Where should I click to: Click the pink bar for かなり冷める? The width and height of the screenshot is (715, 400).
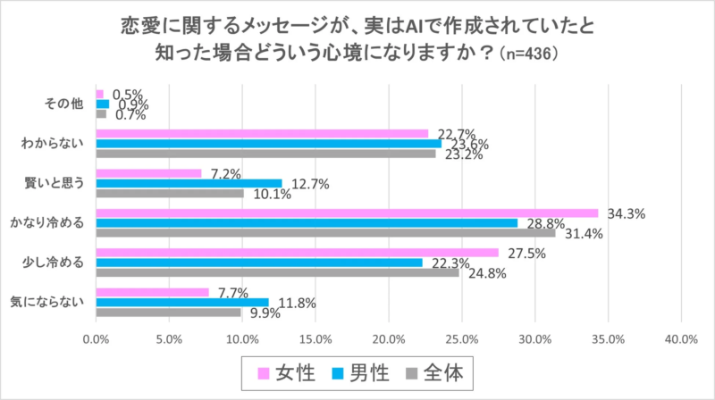pos(347,212)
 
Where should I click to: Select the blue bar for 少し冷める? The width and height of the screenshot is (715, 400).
pos(259,262)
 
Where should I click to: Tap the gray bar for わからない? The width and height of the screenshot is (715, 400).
pos(265,153)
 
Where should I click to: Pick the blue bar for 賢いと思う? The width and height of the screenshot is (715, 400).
pos(189,183)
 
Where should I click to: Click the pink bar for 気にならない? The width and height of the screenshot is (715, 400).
pos(152,292)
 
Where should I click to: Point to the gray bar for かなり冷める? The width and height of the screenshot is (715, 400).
pos(325,233)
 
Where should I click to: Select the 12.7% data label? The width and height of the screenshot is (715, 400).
pos(309,184)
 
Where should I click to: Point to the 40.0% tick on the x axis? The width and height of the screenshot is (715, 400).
pos(681,338)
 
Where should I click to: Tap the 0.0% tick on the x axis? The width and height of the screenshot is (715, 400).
pos(96,338)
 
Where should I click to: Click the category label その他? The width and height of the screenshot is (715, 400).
pos(64,104)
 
